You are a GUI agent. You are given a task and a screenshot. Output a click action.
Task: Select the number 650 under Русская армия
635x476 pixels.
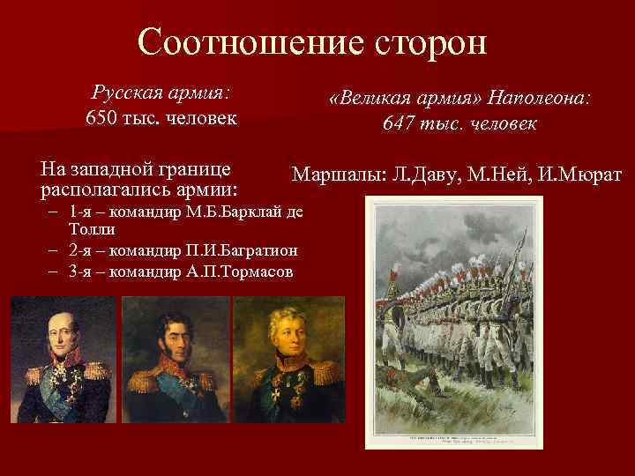coord(102,117)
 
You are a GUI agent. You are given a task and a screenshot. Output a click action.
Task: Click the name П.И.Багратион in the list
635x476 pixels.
coord(249,249)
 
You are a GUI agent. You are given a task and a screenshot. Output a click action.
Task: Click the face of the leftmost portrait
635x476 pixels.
coord(63,331)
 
